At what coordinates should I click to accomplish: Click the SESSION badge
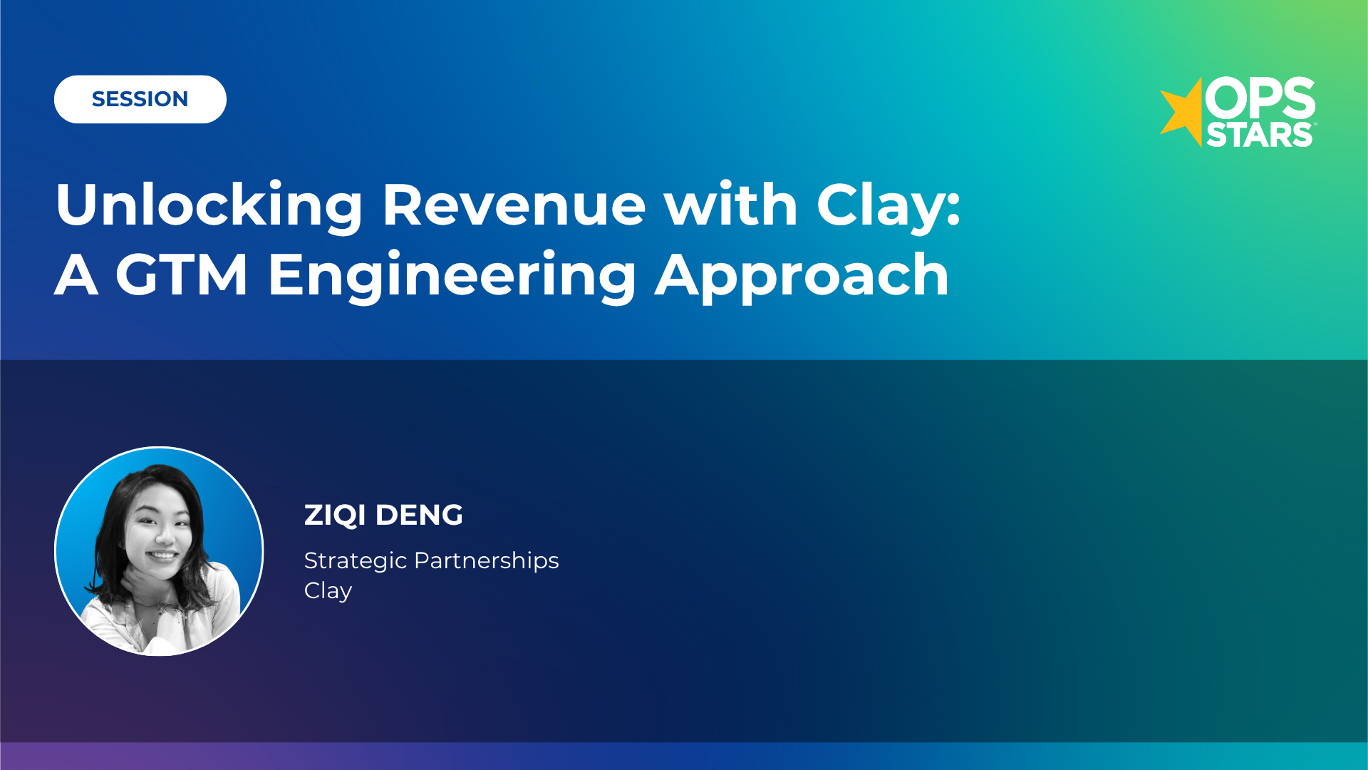coord(140,99)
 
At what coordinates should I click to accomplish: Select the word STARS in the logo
coord(1259,135)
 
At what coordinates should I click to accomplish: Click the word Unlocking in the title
coord(209,205)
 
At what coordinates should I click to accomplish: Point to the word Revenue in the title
coord(514,205)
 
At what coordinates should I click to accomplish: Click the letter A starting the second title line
coord(76,275)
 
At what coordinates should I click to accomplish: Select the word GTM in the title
coord(182,275)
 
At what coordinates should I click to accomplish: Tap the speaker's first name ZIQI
coord(335,515)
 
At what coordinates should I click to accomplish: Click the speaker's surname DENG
coord(419,515)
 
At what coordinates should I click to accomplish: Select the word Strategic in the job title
coord(355,561)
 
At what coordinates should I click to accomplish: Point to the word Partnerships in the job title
coord(486,561)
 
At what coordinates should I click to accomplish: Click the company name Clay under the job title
coord(328,591)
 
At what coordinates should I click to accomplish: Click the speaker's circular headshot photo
coord(159,551)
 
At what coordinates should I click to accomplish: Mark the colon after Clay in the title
coord(953,207)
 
